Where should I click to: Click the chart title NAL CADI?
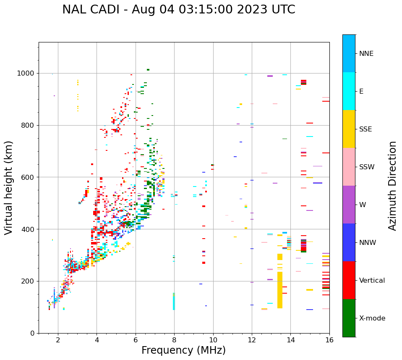[x=178, y=10]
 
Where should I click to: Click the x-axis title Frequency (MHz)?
[x=183, y=350]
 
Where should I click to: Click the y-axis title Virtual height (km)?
[x=9, y=187]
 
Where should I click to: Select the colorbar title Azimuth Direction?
[x=392, y=186]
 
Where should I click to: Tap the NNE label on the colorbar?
[x=366, y=54]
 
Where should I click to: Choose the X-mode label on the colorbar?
[x=372, y=318]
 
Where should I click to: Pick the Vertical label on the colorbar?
[x=372, y=281]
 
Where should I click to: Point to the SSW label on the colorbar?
[x=366, y=167]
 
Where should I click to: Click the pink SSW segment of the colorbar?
[x=349, y=167]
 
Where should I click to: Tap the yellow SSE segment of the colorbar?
[x=349, y=129]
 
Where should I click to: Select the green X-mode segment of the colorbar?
[x=349, y=318]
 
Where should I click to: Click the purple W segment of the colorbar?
[x=349, y=205]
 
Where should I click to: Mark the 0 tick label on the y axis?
[x=32, y=333]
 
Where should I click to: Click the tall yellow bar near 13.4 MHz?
[x=280, y=290]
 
